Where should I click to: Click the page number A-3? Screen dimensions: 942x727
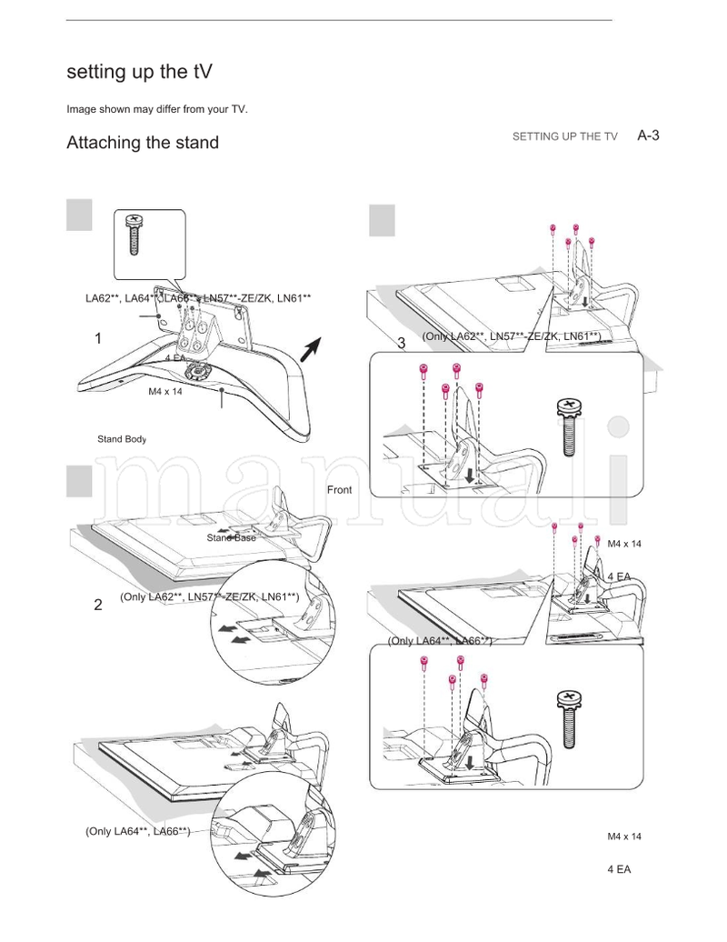coord(647,135)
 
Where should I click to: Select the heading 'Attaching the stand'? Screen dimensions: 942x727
coord(143,143)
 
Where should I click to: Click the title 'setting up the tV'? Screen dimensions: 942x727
coord(141,72)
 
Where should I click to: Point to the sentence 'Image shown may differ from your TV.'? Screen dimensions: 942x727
coord(157,109)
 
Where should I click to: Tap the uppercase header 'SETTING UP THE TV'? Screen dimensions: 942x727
coord(564,136)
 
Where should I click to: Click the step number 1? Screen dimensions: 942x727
coord(98,339)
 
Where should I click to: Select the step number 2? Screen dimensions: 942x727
coord(98,605)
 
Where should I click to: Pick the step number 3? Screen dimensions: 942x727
coord(402,343)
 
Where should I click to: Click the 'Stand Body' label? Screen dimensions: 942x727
coord(122,439)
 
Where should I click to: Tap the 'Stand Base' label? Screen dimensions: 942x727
coord(231,537)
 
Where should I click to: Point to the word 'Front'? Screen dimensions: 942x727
coord(339,490)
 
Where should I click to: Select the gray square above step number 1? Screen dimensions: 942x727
coord(80,216)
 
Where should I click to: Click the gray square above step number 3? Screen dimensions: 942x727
coord(382,219)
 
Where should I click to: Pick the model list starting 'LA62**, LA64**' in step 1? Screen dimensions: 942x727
coord(198,298)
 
